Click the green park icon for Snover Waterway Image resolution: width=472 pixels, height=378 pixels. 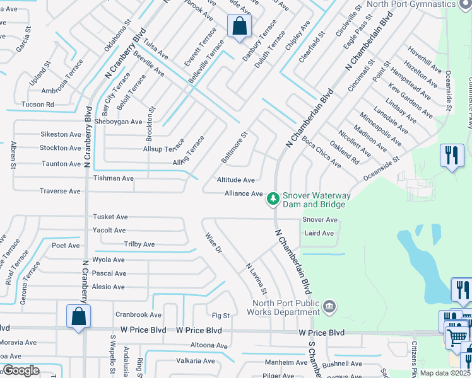(273, 199)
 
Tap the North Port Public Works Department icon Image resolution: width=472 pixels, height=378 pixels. (328, 307)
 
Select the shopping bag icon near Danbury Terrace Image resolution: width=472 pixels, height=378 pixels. (239, 27)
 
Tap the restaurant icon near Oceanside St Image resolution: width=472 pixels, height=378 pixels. (451, 156)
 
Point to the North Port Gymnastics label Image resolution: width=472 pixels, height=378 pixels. (419, 4)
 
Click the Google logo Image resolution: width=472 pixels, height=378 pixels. (20, 370)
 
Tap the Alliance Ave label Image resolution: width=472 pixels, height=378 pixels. (244, 193)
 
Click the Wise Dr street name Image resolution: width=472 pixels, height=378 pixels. (214, 244)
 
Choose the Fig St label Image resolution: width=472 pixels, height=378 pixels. (221, 315)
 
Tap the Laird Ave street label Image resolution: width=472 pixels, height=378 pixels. (319, 233)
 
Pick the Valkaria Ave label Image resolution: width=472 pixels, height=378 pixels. (196, 361)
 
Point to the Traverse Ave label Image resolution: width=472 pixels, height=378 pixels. (60, 191)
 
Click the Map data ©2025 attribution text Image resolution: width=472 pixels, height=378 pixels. (445, 373)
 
